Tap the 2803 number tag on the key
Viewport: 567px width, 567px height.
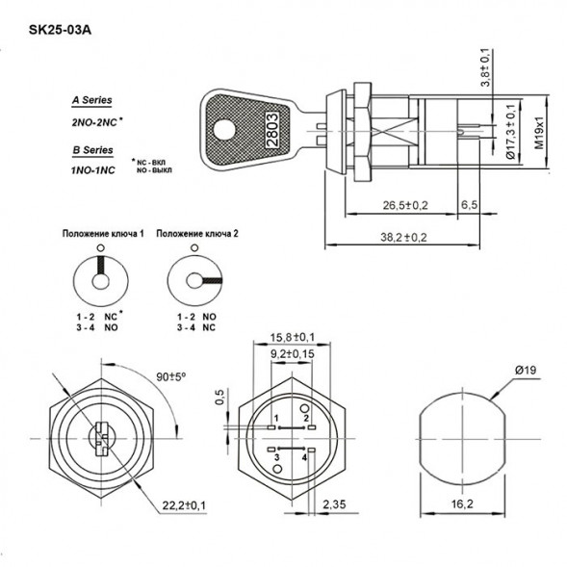pos(272,126)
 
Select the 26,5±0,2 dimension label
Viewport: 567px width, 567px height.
pos(405,205)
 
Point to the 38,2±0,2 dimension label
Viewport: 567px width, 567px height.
pos(401,235)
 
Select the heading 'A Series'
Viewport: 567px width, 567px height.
pos(91,100)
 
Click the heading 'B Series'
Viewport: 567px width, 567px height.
pos(91,150)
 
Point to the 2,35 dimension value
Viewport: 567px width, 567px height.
pos(336,503)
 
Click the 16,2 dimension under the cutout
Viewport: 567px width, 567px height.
pos(461,503)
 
